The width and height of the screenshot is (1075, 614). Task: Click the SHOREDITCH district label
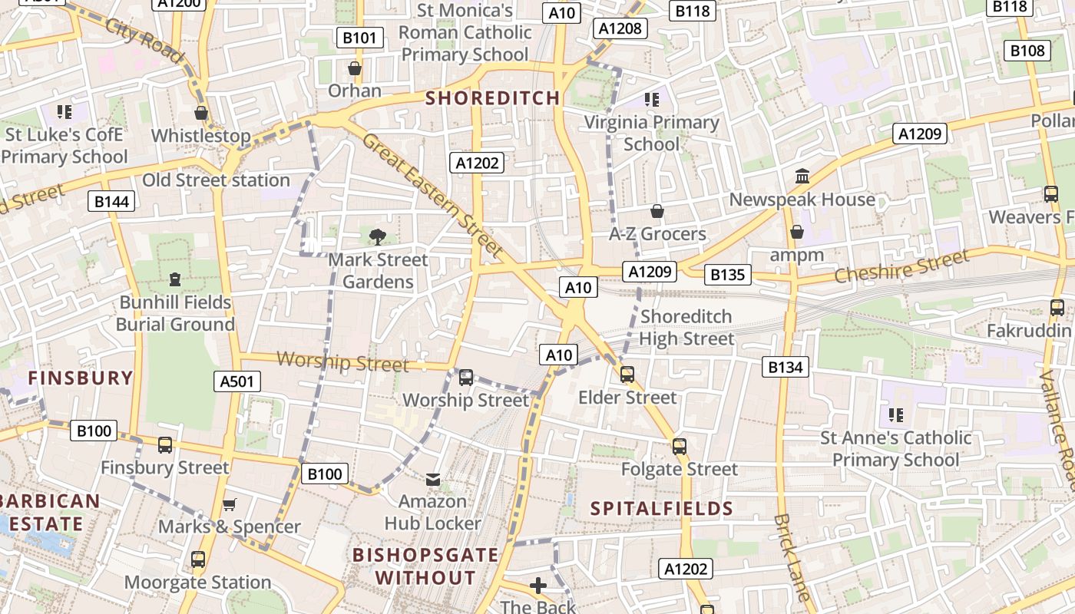(492, 98)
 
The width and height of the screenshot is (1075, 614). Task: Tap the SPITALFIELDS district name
(662, 508)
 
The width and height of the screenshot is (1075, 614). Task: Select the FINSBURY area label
(81, 378)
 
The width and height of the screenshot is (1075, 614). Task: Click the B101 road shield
(360, 38)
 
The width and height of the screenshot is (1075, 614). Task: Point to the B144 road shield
(112, 202)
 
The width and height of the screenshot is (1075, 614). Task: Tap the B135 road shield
(727, 275)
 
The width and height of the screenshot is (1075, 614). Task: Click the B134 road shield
(786, 367)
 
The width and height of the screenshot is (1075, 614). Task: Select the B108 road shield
(1027, 51)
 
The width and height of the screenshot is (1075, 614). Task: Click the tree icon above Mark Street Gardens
(377, 236)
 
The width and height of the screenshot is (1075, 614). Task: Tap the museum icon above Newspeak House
(802, 177)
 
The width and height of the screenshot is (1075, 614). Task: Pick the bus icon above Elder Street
(627, 375)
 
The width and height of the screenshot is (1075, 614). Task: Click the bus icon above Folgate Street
(679, 446)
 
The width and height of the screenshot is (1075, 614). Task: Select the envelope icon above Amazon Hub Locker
(433, 480)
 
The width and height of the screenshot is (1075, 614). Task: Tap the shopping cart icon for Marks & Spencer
(229, 504)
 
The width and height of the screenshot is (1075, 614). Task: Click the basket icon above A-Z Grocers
(657, 211)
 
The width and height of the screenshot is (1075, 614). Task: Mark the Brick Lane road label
(792, 557)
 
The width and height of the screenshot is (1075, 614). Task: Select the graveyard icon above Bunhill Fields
(175, 279)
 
